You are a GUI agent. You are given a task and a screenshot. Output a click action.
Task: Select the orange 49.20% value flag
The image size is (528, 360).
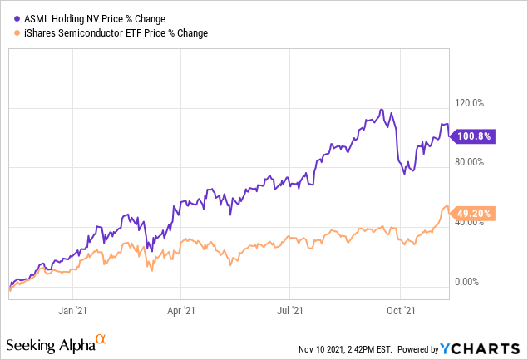coord(474,213)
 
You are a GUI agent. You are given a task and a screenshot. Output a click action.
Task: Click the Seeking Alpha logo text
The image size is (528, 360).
coord(48,344)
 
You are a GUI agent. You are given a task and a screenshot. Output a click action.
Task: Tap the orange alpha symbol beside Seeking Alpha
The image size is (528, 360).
coord(101,339)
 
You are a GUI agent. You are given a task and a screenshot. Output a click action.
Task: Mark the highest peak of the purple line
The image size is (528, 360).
coord(381,110)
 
